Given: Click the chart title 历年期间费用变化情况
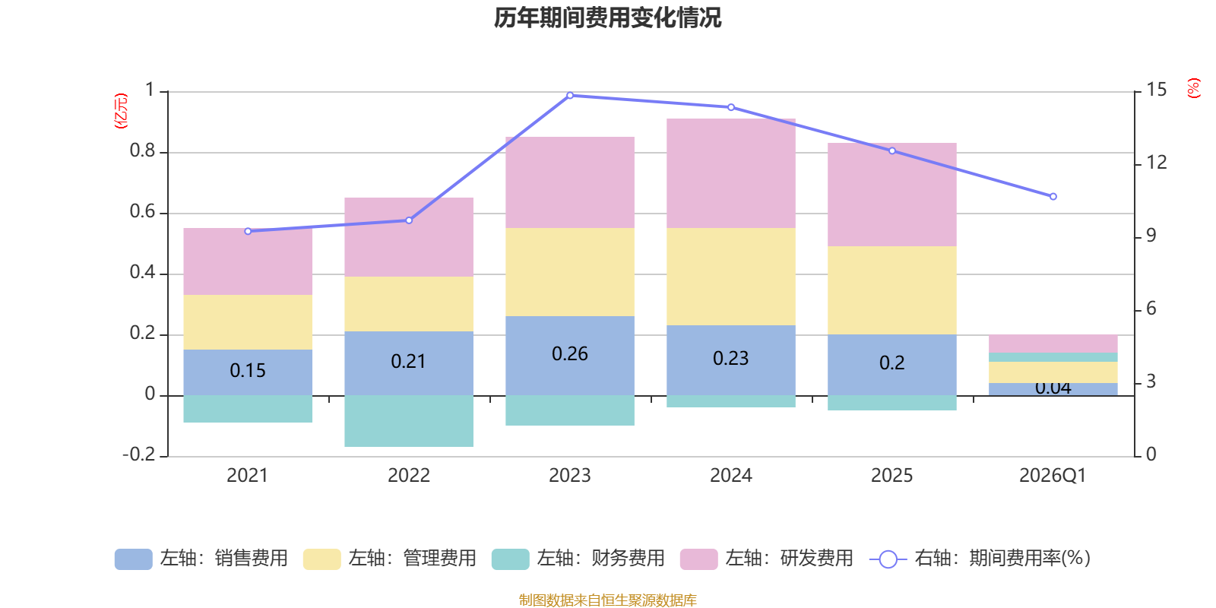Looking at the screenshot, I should tap(607, 18).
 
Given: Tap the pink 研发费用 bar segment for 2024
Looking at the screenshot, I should tap(731, 173).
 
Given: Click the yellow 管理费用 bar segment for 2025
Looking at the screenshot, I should tap(892, 290).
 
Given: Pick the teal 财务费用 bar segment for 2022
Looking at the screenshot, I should tap(409, 420).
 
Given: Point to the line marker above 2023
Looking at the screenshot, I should tap(570, 96).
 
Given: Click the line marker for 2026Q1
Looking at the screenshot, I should tap(1053, 197).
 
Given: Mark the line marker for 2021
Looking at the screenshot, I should tap(248, 231).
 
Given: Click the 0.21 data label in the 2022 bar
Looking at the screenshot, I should tap(409, 362).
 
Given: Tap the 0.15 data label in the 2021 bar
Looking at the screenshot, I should tap(248, 371).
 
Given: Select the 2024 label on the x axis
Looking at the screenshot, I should tap(731, 476).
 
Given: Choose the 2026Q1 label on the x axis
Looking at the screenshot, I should tap(1053, 476).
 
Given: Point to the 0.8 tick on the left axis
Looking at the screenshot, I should tap(143, 151).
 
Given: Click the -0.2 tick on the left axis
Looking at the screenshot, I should tap(139, 454).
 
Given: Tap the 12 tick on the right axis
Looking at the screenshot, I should tap(1157, 163).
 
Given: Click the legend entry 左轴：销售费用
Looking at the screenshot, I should tap(201, 559).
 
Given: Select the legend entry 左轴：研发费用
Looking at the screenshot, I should tap(767, 559).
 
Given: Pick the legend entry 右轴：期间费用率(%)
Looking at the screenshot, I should tap(980, 559).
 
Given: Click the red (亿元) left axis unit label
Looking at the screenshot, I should tap(121, 111).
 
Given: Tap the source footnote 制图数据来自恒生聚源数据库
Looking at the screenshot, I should tap(607, 600).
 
